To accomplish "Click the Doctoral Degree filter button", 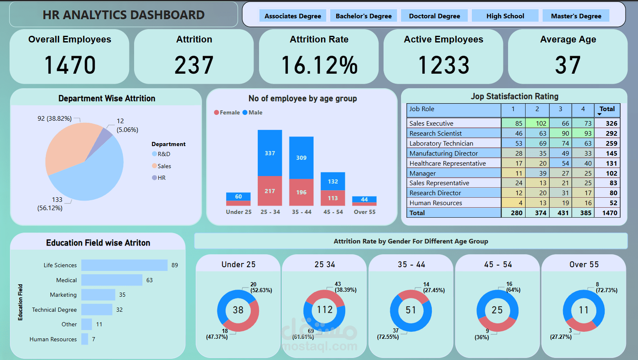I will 434,16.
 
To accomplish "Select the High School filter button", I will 505,16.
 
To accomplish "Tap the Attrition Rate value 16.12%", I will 319,65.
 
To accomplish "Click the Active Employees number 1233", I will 444,65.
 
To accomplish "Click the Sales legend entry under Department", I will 164,166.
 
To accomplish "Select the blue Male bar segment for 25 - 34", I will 270,153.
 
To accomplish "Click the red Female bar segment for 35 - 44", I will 301,192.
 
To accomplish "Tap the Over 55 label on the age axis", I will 364,212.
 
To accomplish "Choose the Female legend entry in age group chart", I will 227,112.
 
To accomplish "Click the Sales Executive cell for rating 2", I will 537,123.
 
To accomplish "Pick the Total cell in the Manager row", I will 607,173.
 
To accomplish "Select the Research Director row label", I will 435,193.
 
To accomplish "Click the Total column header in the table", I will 607,109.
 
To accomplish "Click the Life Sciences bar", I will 124,265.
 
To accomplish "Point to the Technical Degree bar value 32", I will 120,310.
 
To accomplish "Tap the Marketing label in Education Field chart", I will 63,295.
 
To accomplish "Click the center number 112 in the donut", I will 324,310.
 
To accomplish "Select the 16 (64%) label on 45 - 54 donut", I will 513,287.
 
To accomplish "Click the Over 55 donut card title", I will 584,264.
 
